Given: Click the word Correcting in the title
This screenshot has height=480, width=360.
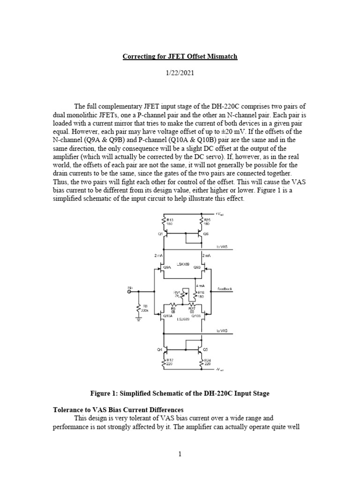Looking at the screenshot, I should pos(138,57).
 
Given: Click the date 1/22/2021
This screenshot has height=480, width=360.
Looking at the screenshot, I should pos(180,74).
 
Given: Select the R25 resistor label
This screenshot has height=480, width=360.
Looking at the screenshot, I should pos(207,219).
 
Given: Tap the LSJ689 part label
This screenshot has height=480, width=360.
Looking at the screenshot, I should pos(182,320).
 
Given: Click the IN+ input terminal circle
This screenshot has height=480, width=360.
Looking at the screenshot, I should pos(130,291).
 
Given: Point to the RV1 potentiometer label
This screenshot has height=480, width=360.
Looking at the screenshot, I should pos(177,292).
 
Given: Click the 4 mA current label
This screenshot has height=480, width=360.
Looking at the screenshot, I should pos(207,285).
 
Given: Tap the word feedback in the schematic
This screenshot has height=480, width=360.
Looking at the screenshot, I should pos(225,289).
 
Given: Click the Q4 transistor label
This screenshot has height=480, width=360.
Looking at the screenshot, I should pos(159,349).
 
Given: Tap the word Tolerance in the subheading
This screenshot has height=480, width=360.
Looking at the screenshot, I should pos(68,410).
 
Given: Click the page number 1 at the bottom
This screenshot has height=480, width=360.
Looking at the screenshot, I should pos(180,454).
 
